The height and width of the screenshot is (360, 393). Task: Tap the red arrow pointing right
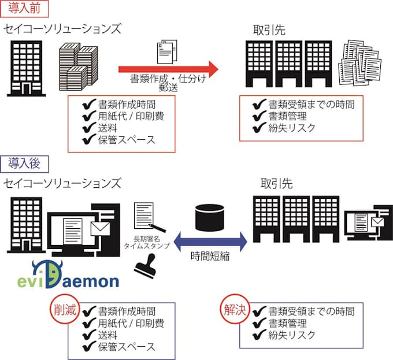click(x=168, y=69)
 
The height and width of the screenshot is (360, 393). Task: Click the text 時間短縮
click(x=209, y=257)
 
